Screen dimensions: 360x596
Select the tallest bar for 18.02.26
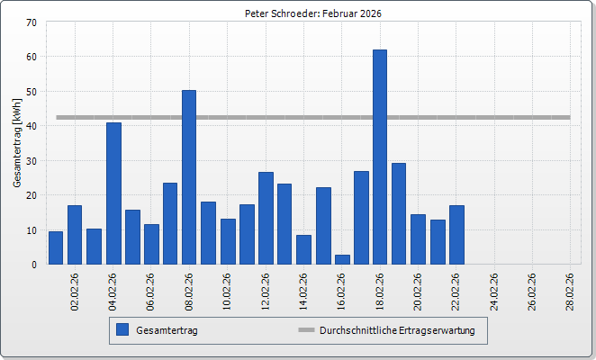coord(380,157)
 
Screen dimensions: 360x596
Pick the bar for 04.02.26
coord(113,193)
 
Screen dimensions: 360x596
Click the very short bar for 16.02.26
coord(342,259)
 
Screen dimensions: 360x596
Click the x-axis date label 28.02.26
coord(571,291)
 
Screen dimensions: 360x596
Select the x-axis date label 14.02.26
coord(304,291)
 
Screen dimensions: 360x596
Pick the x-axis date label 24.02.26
coord(494,291)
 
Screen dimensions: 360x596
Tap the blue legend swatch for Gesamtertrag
coord(122,330)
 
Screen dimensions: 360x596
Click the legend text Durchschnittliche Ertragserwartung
coord(397,330)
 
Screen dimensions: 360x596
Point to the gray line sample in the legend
coord(306,330)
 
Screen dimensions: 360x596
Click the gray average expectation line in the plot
coord(504,117)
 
